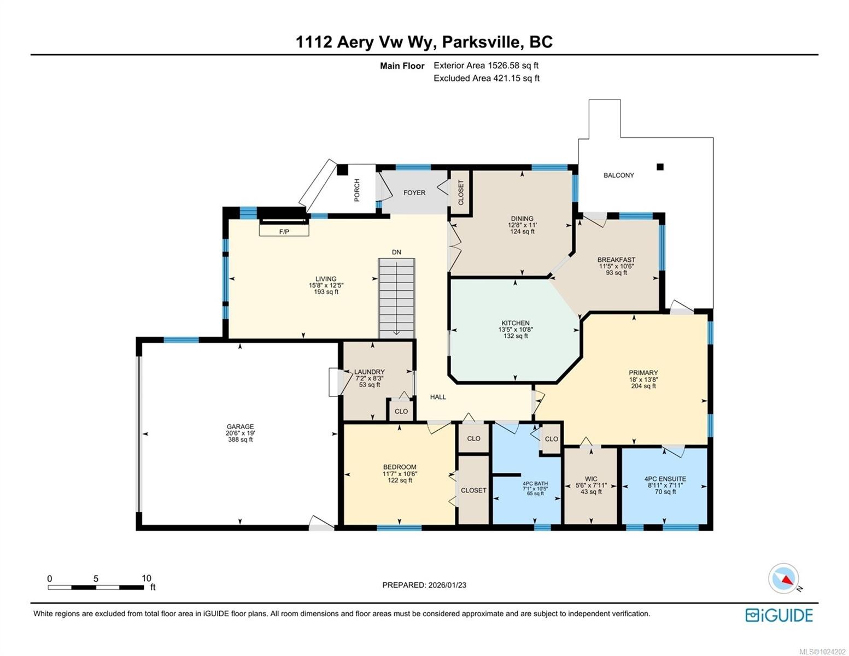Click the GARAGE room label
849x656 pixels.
pyautogui.click(x=241, y=426)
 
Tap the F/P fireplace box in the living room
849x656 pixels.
pyautogui.click(x=284, y=231)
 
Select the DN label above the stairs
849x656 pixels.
pyautogui.click(x=396, y=252)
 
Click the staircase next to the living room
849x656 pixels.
pyautogui.click(x=397, y=298)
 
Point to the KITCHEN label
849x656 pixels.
pyautogui.click(x=516, y=323)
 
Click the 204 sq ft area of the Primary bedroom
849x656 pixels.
pyautogui.click(x=643, y=386)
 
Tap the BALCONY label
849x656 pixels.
pyautogui.click(x=618, y=175)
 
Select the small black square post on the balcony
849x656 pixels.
pyautogui.click(x=660, y=167)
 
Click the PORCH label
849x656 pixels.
pyautogui.click(x=357, y=190)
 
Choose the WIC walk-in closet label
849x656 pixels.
pyautogui.click(x=591, y=479)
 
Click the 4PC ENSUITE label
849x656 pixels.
pyautogui.click(x=665, y=479)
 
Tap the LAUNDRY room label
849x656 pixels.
pyautogui.click(x=370, y=372)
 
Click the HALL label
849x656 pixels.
pyautogui.click(x=438, y=397)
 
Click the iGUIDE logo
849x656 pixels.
pyautogui.click(x=779, y=615)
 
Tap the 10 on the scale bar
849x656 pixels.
pyautogui.click(x=146, y=578)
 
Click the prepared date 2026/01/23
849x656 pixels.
pyautogui.click(x=447, y=585)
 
